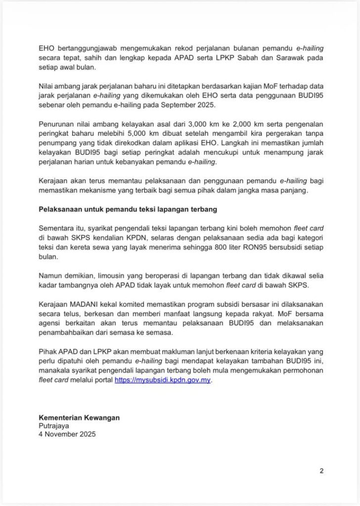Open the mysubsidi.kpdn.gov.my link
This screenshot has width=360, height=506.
(163, 380)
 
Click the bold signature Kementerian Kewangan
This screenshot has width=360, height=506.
(79, 418)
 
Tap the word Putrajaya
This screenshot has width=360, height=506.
(54, 426)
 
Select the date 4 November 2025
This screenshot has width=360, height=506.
(67, 435)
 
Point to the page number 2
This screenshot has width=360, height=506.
(321, 470)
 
